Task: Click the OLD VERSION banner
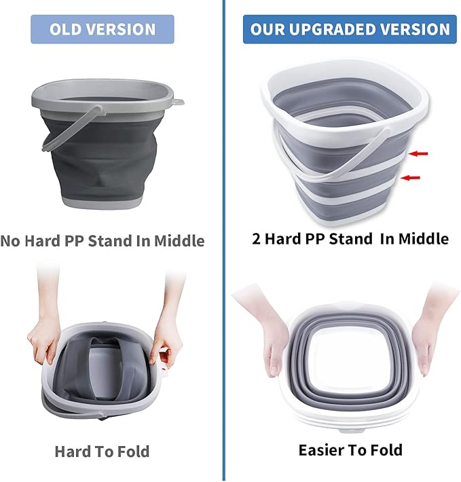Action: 102,30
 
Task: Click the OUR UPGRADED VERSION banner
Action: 350,30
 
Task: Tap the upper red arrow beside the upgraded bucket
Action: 418,154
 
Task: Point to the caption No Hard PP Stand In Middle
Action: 102,240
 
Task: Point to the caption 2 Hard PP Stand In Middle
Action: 350,238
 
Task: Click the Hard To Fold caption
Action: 102,451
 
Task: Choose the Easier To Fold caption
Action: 350,449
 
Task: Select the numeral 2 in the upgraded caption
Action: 257,238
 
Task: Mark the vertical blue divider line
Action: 223,272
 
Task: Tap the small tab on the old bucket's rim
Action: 179,102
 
